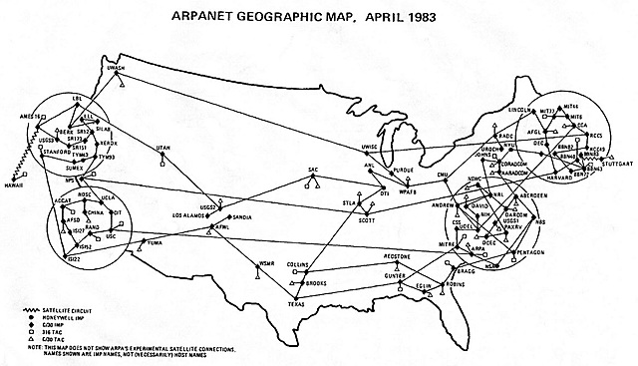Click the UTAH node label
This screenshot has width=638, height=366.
164,148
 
